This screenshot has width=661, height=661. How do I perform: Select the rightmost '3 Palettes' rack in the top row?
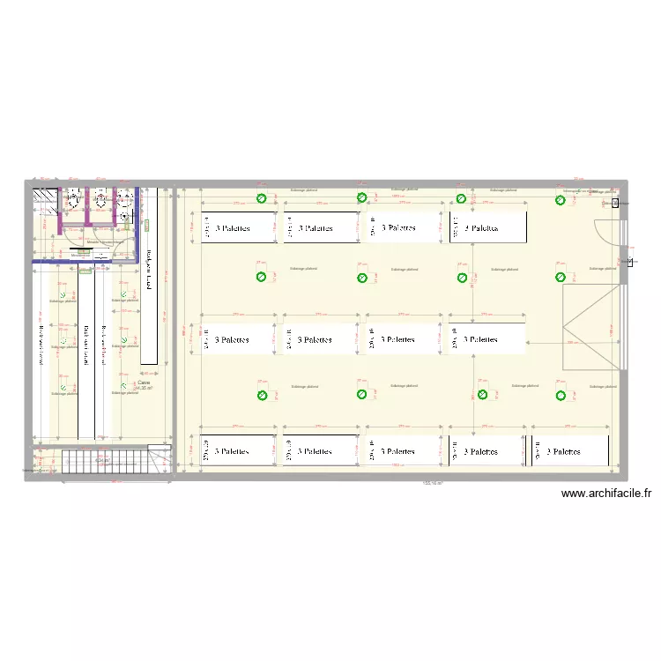(487, 228)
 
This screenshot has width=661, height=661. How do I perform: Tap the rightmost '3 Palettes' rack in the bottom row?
(570, 451)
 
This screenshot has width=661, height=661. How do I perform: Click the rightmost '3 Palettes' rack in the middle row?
(487, 339)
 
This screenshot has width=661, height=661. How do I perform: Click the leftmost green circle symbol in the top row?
(261, 200)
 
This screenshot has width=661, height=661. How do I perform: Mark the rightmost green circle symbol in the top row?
(560, 200)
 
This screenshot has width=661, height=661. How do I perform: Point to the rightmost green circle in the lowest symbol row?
(560, 396)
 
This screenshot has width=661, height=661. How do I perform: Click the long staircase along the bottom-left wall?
(106, 460)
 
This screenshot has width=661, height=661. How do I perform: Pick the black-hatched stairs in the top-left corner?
(44, 200)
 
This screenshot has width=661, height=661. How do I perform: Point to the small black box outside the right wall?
(615, 203)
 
